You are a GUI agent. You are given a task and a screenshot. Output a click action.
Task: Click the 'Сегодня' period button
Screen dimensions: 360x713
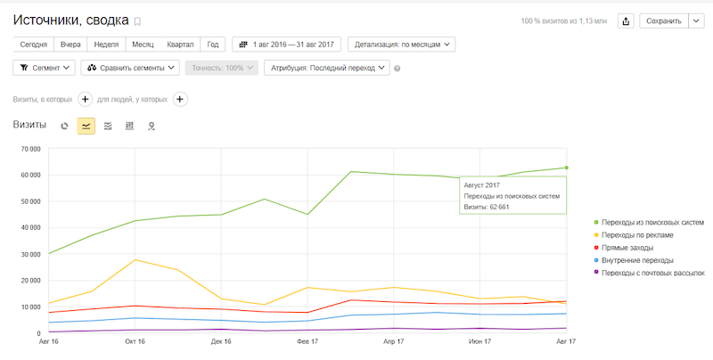(34, 44)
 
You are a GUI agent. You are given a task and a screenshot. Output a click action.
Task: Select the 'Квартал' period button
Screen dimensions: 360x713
(180, 44)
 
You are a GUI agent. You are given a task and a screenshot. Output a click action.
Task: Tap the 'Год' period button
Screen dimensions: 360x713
(213, 44)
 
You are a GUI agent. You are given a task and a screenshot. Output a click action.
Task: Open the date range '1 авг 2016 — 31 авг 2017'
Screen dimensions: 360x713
(286, 44)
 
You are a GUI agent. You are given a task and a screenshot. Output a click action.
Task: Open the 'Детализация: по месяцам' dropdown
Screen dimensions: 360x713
(402, 44)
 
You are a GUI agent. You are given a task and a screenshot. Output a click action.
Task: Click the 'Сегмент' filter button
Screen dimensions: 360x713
(44, 68)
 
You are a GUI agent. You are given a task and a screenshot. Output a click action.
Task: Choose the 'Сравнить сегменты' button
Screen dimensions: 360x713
(130, 68)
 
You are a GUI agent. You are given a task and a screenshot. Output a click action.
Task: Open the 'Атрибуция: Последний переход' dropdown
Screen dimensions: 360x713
(327, 68)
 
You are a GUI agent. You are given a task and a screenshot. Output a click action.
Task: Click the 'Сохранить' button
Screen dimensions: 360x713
(664, 20)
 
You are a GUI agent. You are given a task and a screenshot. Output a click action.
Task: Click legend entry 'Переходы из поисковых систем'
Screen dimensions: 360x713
(652, 222)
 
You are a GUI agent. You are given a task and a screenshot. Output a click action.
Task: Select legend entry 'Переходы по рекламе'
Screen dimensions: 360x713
(637, 234)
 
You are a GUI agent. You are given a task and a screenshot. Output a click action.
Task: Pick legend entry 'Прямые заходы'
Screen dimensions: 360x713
(627, 247)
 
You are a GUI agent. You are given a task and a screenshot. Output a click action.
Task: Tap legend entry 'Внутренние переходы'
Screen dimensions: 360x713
(639, 260)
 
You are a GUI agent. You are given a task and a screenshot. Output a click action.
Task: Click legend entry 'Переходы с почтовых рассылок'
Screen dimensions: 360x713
(653, 273)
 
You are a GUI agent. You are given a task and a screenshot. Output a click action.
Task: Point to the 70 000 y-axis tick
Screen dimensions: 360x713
(30, 149)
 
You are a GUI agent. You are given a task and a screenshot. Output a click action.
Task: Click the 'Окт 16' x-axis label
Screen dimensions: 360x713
(135, 340)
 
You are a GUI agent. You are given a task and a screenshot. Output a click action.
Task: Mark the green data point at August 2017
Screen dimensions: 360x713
(567, 168)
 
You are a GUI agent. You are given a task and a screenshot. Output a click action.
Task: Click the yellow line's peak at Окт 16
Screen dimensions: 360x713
(135, 259)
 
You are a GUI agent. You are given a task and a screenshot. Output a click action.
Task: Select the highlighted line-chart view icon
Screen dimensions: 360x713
(86, 126)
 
